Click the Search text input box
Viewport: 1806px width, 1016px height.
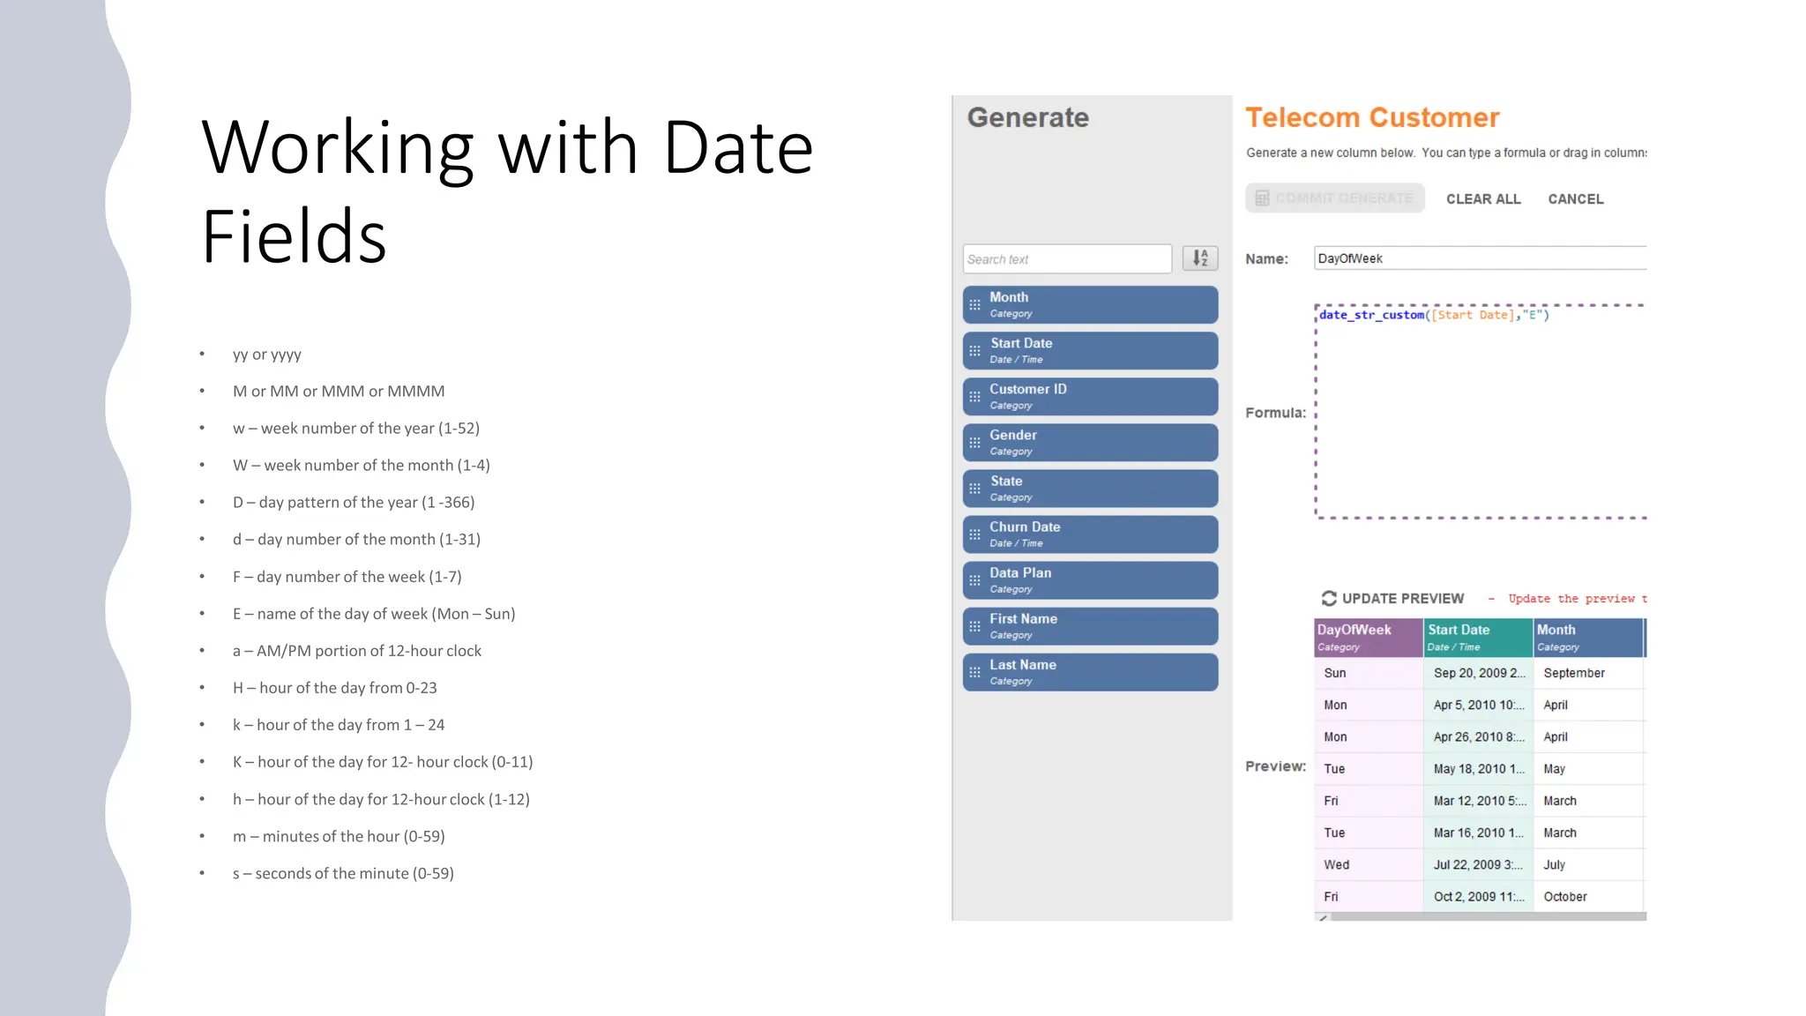pos(1067,259)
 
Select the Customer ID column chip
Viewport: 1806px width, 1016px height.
pos(1090,397)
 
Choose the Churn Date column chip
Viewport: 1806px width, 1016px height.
pos(1090,534)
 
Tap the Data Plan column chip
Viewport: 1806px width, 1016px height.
pos(1090,580)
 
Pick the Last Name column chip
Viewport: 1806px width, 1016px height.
pos(1090,672)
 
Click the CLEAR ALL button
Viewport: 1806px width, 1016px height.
pos(1483,199)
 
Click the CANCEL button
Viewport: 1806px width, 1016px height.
pos(1576,199)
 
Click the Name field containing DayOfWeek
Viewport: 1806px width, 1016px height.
pos(1480,258)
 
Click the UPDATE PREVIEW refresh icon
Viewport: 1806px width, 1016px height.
pos(1329,599)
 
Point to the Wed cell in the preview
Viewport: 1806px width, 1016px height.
pos(1337,865)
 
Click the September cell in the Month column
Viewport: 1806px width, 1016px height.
pos(1574,673)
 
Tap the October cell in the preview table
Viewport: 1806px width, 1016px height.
pos(1565,897)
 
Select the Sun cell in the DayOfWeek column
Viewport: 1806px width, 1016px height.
pos(1335,673)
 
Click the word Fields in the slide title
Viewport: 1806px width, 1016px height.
pos(295,237)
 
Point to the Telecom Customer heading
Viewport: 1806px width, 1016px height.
pos(1372,118)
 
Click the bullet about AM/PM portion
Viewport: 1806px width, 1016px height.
pos(357,651)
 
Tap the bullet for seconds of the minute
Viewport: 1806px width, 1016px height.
pos(343,873)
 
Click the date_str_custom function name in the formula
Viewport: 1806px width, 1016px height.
pos(1371,315)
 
